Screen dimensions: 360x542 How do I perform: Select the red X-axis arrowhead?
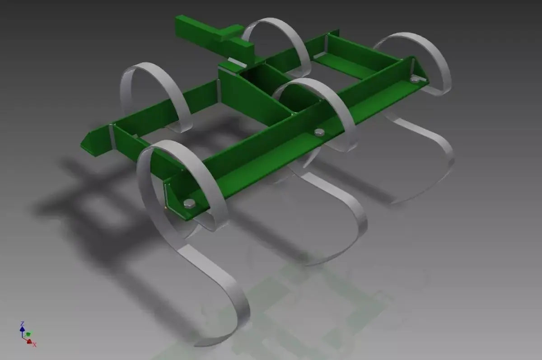[x=30, y=342]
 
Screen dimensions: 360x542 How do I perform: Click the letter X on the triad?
[x=34, y=345]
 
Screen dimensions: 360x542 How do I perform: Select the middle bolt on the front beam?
[x=319, y=132]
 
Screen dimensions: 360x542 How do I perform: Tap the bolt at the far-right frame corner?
[x=415, y=79]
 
